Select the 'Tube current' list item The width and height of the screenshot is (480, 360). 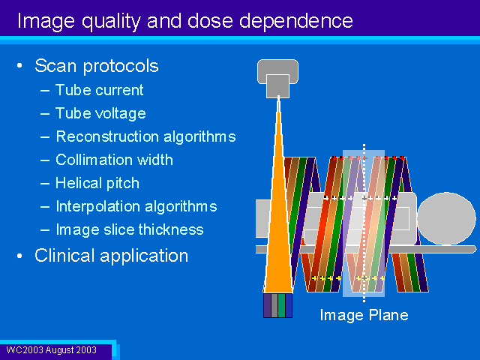tap(100, 90)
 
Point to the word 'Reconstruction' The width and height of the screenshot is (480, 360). tap(108, 136)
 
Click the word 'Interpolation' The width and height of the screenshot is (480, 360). tap(98, 207)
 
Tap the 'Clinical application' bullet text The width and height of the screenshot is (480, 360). tap(112, 256)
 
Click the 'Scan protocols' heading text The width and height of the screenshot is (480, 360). tap(97, 66)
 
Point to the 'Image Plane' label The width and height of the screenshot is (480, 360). tap(364, 315)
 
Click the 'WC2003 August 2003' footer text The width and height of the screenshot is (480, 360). tap(52, 350)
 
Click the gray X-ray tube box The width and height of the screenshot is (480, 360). tap(277, 78)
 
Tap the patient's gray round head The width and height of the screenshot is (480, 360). tap(446, 218)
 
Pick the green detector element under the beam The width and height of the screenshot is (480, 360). tap(282, 305)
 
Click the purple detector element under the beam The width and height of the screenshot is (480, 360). tap(267, 305)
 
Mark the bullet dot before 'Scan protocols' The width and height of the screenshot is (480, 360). tap(20, 65)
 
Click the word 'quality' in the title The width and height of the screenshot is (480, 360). tap(111, 22)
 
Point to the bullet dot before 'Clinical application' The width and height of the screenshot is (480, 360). tap(20, 256)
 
